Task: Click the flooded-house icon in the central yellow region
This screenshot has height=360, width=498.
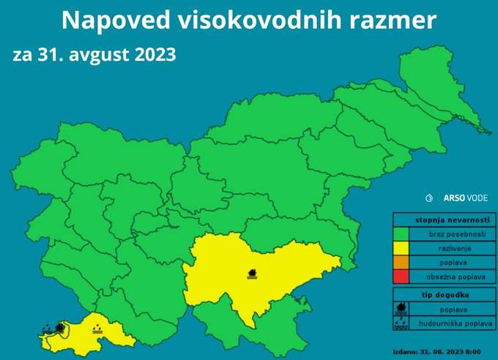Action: (x=253, y=274)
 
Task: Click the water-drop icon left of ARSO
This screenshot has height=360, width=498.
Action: (x=429, y=198)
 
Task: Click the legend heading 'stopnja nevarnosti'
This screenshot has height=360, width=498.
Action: (x=442, y=219)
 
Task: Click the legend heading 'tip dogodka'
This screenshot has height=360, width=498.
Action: (x=442, y=295)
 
